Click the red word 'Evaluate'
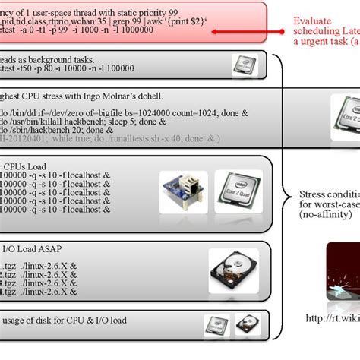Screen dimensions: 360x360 315,21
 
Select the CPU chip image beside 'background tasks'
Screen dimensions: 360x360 242,65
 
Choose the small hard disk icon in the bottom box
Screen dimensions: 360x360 248,325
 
